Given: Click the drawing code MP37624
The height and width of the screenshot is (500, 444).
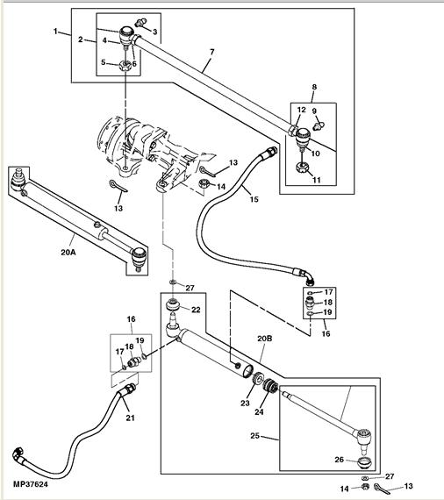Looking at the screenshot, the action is (x=31, y=484).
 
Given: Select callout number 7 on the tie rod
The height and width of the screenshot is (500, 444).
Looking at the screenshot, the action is (x=212, y=52).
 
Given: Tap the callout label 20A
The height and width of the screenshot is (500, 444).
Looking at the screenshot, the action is (x=68, y=253).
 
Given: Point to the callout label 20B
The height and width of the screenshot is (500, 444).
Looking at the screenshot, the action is (x=265, y=339).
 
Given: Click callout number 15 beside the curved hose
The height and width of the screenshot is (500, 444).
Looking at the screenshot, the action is (x=254, y=199).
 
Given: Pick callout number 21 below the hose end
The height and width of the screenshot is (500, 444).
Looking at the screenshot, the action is (x=130, y=418).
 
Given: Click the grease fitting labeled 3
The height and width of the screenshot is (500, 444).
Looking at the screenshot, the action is (x=140, y=23).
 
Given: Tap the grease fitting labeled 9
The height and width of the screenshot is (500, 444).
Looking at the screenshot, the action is (x=319, y=125).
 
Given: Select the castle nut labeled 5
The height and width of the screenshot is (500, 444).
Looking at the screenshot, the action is (x=125, y=66).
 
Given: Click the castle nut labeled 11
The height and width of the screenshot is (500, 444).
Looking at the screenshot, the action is (x=302, y=167).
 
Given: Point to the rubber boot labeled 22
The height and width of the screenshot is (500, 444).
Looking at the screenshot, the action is (x=174, y=304).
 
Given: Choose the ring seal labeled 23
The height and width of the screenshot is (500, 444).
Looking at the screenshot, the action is (x=258, y=380).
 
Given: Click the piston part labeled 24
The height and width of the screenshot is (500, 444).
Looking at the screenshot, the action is (x=270, y=386).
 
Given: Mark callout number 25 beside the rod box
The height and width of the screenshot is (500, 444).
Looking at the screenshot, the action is (x=254, y=436).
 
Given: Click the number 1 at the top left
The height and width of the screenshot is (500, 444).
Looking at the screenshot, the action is (x=55, y=32).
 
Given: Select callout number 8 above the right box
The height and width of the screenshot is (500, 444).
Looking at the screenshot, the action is (x=314, y=87).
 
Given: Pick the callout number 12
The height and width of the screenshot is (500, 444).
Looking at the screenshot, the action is (x=302, y=110).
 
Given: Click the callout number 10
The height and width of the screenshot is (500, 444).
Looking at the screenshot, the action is (x=316, y=154).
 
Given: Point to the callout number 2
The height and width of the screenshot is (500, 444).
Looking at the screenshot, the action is (x=81, y=39).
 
